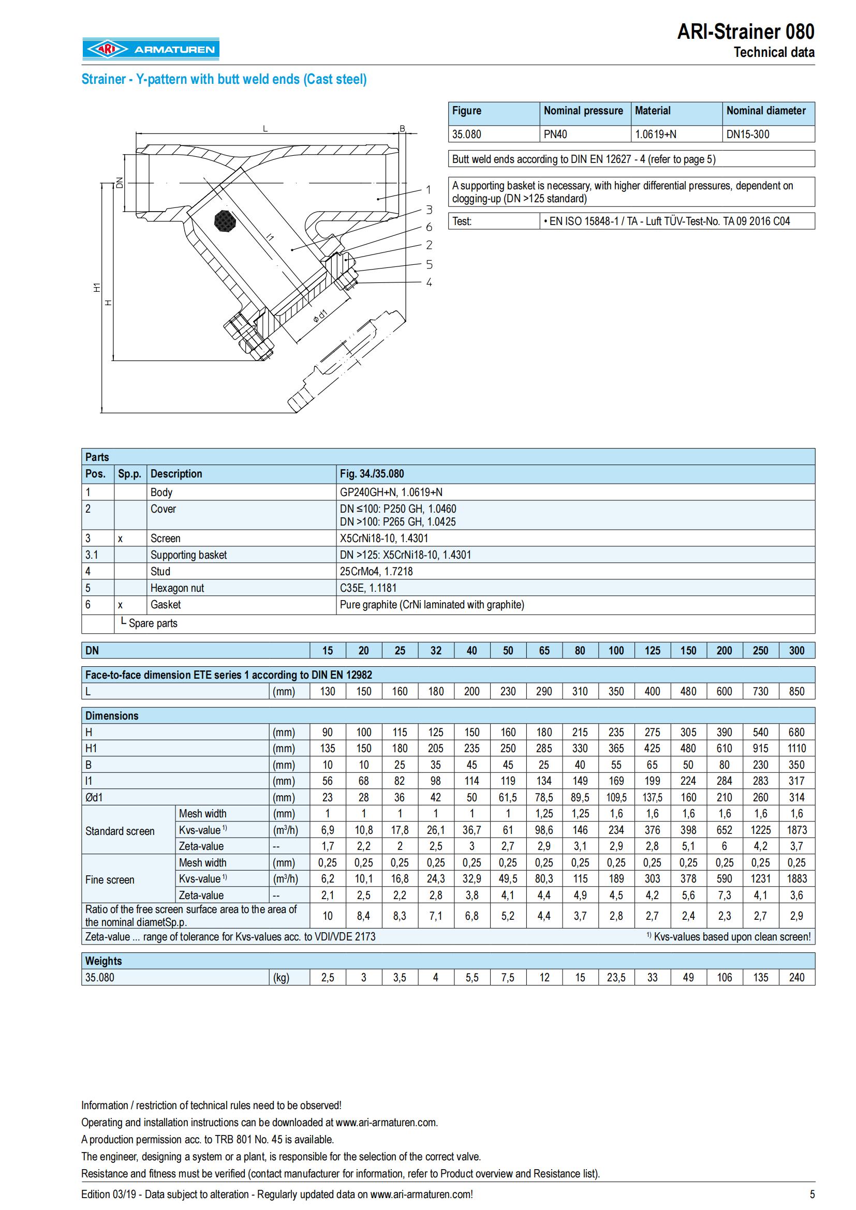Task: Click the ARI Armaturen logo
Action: click(150, 50)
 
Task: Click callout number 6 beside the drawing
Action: click(429, 227)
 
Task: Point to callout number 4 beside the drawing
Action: click(429, 282)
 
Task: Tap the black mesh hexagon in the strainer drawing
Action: click(226, 221)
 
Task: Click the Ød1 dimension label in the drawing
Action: click(320, 317)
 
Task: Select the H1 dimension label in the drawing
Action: click(96, 288)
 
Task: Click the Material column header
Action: click(653, 111)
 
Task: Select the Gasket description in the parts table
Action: click(166, 604)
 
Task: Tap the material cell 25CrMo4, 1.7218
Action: click(376, 571)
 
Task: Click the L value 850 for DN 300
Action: click(796, 692)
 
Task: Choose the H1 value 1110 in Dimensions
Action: click(796, 749)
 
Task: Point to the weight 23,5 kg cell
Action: click(616, 978)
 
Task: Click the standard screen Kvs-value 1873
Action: click(796, 830)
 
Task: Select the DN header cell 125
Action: click(652, 650)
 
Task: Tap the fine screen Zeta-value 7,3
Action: click(724, 895)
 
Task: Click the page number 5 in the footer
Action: click(811, 1194)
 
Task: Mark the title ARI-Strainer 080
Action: click(745, 32)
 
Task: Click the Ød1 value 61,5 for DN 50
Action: click(508, 797)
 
